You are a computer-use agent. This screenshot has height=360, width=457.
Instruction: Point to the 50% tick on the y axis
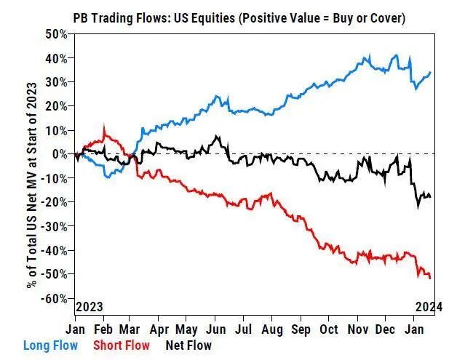point(55,33)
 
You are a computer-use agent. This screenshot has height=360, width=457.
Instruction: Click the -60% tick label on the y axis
point(54,298)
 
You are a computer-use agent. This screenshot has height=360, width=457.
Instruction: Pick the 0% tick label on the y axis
point(60,154)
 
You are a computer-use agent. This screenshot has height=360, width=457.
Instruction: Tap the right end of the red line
point(430,278)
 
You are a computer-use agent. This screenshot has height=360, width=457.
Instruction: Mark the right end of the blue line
point(430,72)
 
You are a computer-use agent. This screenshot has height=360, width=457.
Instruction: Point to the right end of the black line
point(430,196)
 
